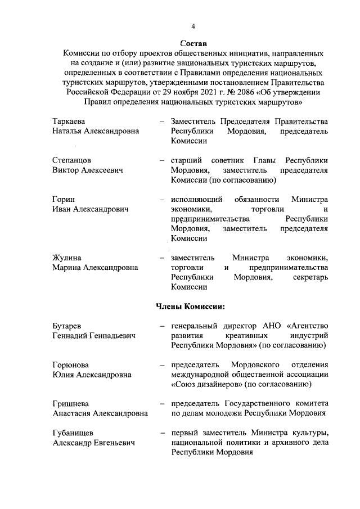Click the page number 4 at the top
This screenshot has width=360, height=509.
coord(193,26)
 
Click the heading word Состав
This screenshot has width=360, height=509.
coord(193,43)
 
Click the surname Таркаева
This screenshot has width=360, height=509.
coord(70,121)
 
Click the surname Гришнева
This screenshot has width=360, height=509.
coord(71,404)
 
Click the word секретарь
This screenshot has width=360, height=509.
coord(310,277)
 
